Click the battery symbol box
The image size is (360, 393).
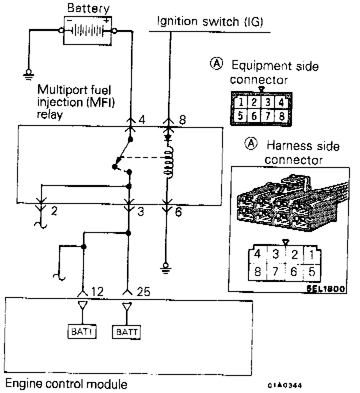coord(87,30)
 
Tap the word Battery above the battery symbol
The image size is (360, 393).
coord(87,8)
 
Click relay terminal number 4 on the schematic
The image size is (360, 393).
coord(142,121)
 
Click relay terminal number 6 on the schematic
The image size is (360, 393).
coord(179,212)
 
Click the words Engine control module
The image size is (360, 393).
coord(66,384)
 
